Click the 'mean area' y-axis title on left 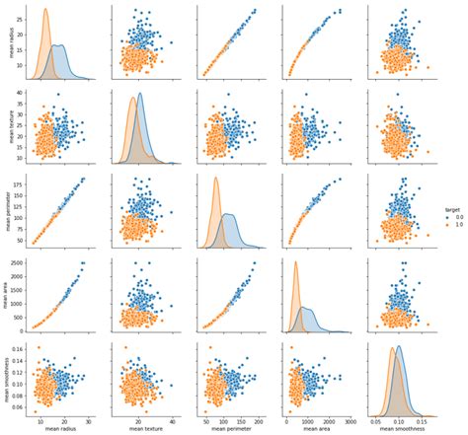tap(8, 294)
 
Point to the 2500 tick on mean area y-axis tap(23, 263)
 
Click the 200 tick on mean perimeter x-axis tap(259, 418)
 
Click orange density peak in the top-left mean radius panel tap(45, 10)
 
